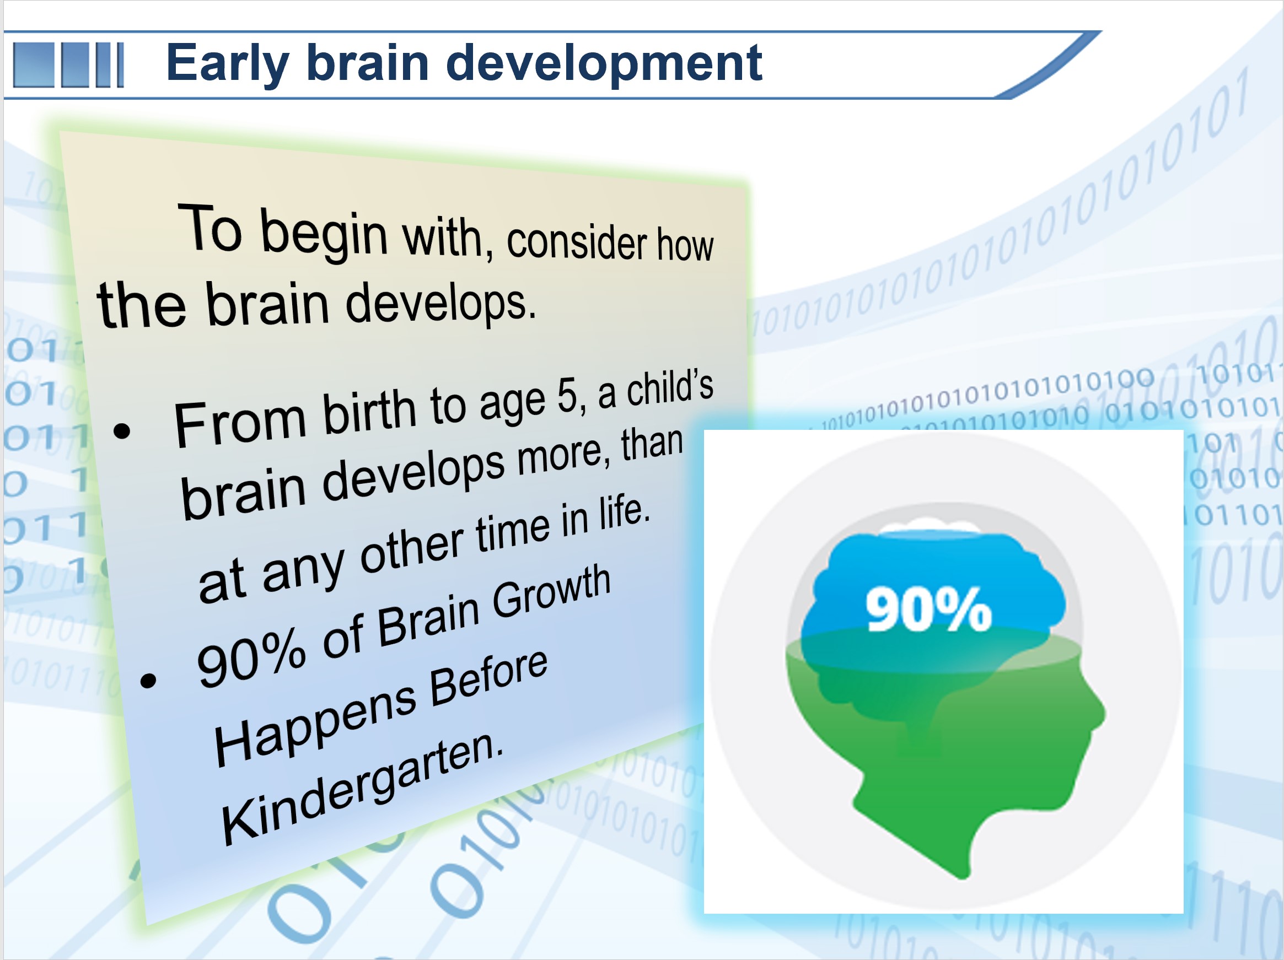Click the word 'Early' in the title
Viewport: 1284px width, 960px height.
coord(227,64)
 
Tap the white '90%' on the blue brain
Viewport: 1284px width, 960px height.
coord(929,609)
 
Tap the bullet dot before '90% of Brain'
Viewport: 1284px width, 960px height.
coord(149,679)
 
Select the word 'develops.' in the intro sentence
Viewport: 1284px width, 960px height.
coord(440,303)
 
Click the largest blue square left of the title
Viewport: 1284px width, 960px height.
coord(33,65)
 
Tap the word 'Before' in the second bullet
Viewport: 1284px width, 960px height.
coord(489,680)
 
